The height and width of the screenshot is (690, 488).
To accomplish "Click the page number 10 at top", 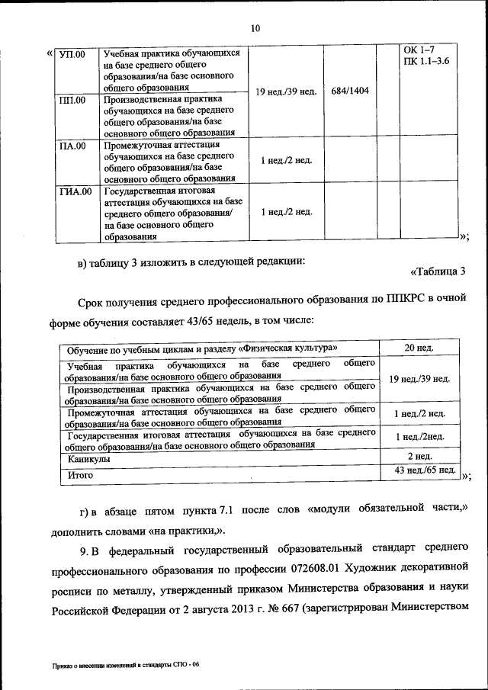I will pos(255,28).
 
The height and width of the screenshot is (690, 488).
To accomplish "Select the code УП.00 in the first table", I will pos(73,54).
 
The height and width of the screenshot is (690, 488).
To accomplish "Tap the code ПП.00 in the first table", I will pos(73,99).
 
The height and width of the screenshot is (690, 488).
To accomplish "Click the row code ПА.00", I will pos(73,145).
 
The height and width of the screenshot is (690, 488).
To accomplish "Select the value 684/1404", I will pos(350,91).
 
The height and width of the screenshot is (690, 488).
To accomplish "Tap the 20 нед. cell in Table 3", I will pos(419,348).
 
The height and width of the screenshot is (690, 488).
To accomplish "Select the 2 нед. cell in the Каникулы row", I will pos(419,456).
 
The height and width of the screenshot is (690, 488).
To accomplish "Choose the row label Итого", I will pos(80,474).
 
